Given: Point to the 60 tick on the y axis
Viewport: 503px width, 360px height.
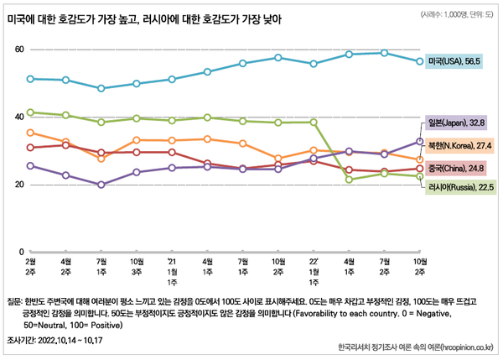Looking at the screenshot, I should [x=18, y=50].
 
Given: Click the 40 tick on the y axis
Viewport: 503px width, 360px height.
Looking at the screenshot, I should [x=18, y=117].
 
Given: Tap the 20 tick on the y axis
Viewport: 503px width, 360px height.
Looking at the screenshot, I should [x=18, y=184].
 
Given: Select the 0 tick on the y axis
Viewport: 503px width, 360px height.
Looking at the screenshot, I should [x=21, y=252].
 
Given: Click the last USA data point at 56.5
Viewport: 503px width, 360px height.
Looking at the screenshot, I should [x=420, y=61].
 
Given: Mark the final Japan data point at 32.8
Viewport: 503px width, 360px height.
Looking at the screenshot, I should [x=420, y=141].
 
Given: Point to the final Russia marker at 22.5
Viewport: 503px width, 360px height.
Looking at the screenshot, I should [x=420, y=176].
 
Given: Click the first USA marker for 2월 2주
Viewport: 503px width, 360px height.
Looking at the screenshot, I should [x=30, y=79].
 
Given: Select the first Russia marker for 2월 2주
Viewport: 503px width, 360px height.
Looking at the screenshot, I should [x=30, y=112].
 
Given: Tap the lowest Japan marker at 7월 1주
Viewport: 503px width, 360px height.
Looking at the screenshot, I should [x=101, y=185].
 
